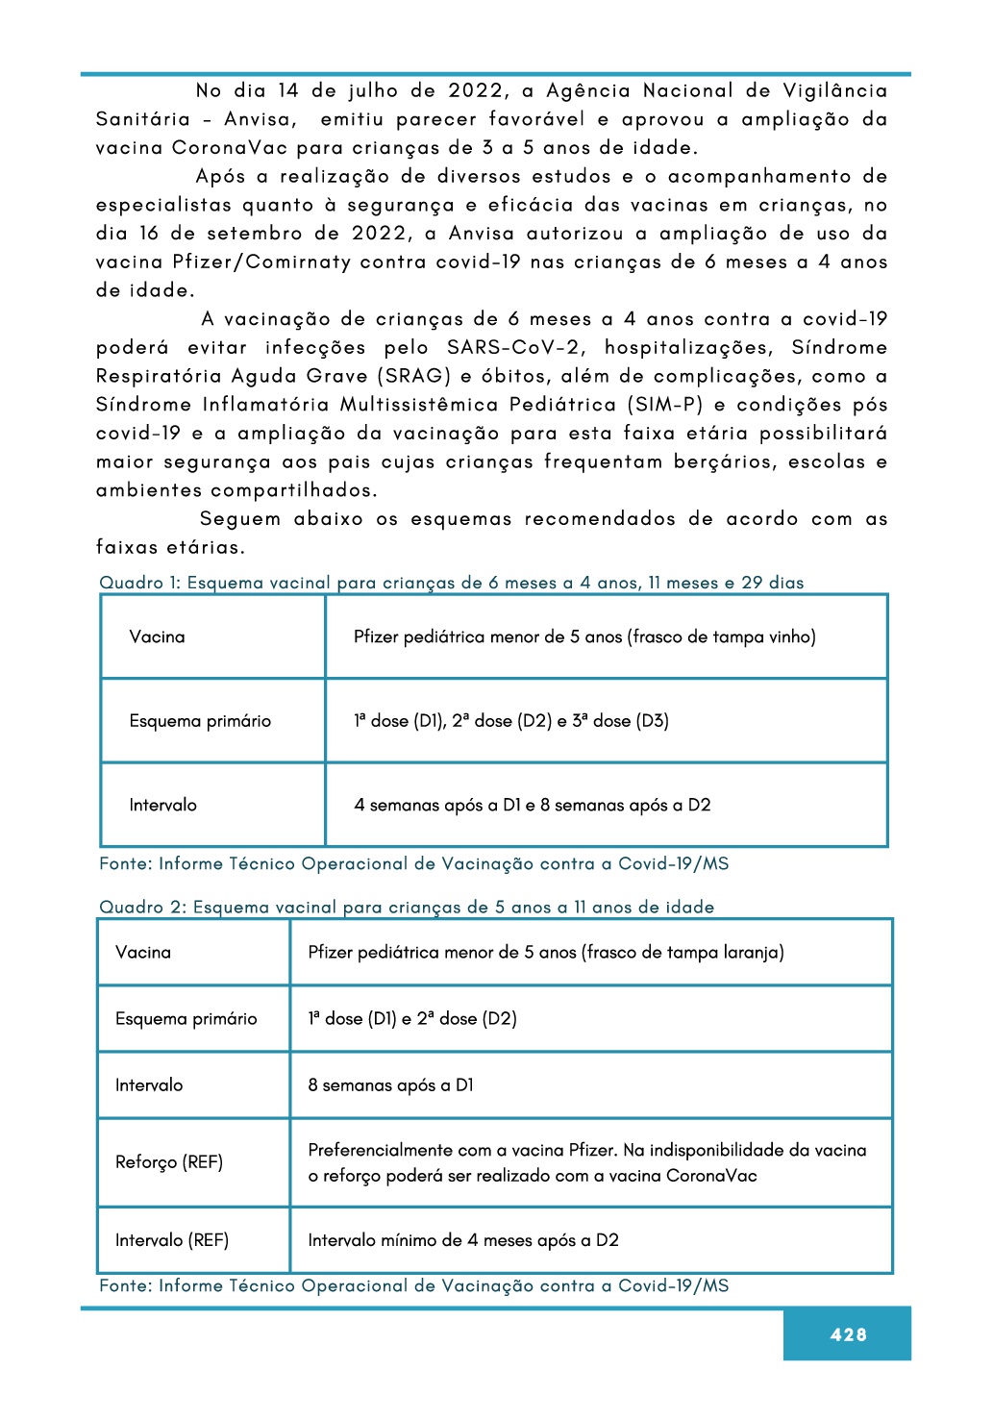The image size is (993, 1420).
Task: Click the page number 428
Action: [x=848, y=1334]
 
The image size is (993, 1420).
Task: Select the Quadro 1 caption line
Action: [x=451, y=583]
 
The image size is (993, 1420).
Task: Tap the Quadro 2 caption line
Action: [x=407, y=907]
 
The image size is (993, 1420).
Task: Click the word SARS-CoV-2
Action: [x=513, y=347]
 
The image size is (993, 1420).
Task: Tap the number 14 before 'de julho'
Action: [x=288, y=90]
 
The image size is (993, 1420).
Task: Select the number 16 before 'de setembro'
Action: [x=149, y=234]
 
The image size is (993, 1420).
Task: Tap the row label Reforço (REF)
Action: [x=169, y=1161]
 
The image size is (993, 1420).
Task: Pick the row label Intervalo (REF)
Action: [x=172, y=1240]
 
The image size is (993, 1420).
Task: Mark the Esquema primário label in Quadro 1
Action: [x=200, y=720]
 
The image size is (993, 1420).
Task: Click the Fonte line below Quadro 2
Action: [x=413, y=1285]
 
